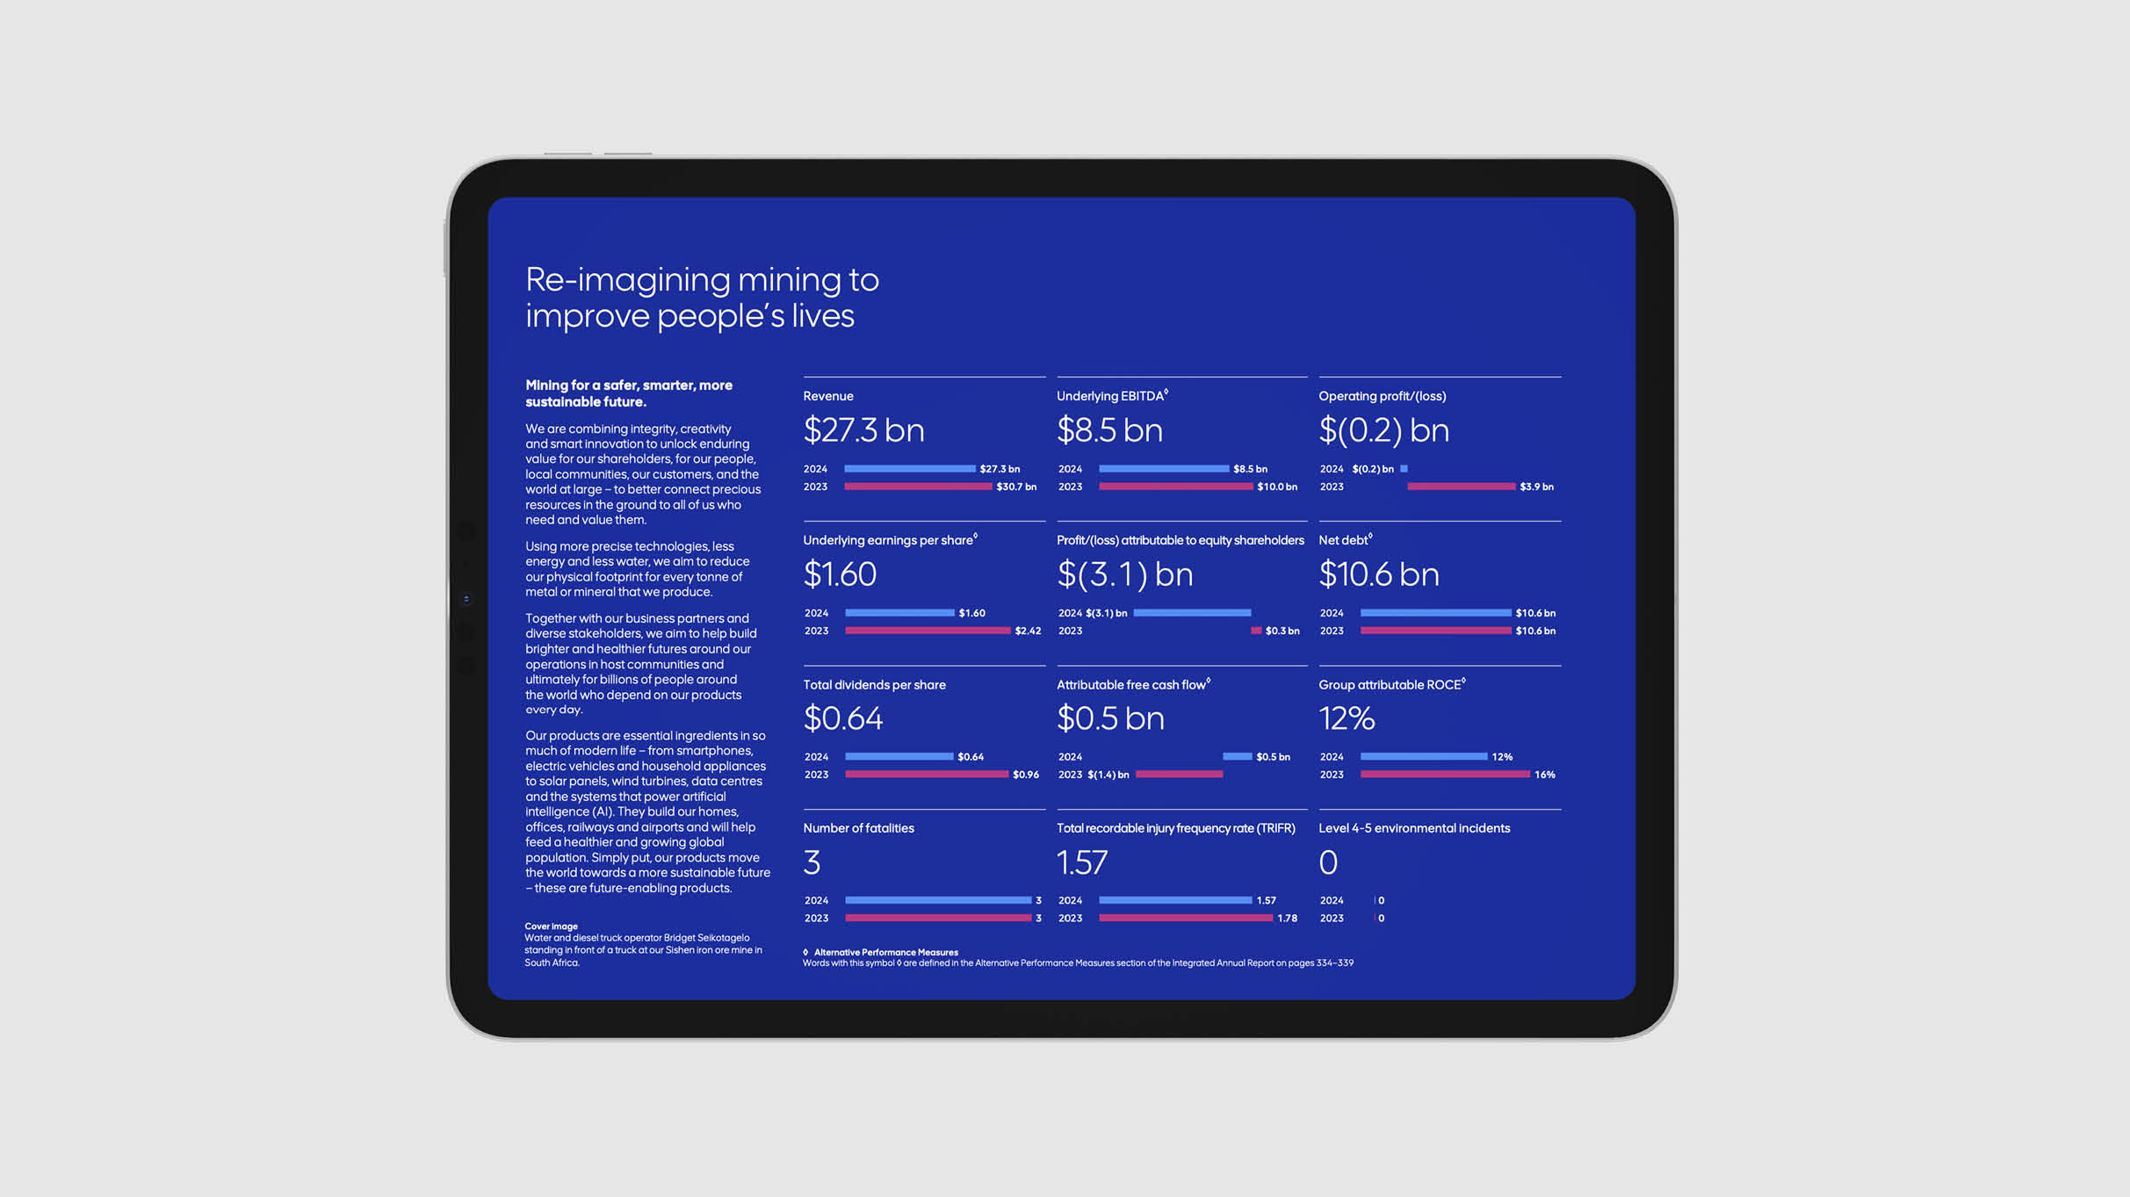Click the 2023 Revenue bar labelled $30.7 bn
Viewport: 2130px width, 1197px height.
point(918,487)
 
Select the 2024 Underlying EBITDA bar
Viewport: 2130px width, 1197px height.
point(1164,469)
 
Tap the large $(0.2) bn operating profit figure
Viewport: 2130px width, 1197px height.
point(1383,430)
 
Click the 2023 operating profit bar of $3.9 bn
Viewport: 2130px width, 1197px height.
point(1461,487)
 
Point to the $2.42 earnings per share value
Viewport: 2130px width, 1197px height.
point(1028,631)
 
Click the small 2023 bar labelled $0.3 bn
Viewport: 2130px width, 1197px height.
point(1256,631)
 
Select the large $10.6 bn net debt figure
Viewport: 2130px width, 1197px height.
point(1379,574)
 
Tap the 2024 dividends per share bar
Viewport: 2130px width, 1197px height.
point(899,756)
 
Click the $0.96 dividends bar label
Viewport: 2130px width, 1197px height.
point(1025,775)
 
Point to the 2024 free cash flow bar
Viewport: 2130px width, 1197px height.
point(1237,756)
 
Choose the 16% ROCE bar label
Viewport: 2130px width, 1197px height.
point(1544,775)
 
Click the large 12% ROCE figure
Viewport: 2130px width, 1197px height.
point(1347,718)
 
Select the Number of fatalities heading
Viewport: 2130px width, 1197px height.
point(858,828)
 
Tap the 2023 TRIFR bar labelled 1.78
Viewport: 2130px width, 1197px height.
point(1185,918)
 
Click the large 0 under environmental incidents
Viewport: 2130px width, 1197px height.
point(1328,862)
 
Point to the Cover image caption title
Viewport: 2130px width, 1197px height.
point(551,926)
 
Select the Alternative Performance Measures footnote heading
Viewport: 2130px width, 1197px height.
point(885,952)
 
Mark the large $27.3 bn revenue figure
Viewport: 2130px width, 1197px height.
point(863,430)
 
